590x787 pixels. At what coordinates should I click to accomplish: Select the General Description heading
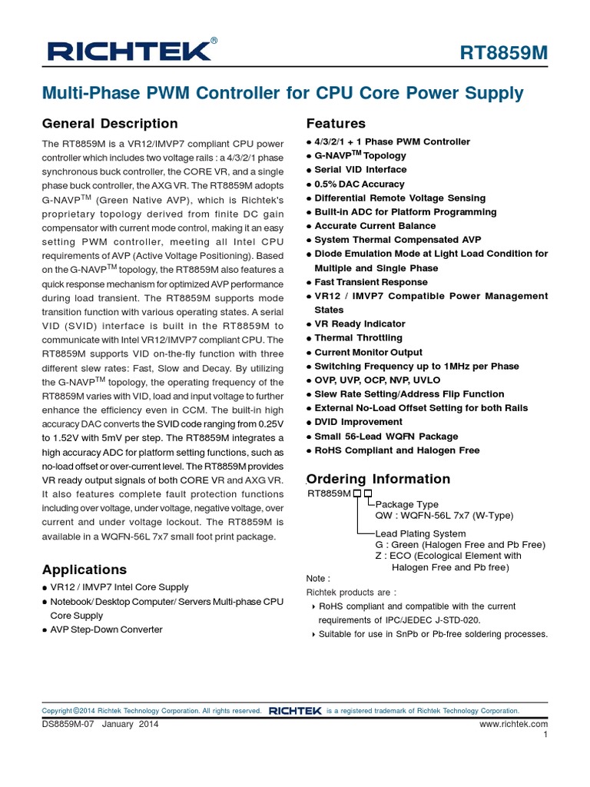(110, 124)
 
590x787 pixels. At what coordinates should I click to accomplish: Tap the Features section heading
(336, 124)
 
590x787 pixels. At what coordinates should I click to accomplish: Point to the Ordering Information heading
(378, 479)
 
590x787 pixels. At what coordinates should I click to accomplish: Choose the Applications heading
(85, 569)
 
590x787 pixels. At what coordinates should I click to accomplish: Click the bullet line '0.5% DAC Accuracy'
(359, 184)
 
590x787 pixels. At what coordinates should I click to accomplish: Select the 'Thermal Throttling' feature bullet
(358, 337)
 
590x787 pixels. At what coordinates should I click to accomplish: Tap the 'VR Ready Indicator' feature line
(360, 324)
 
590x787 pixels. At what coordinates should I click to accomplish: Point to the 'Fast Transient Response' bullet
(370, 282)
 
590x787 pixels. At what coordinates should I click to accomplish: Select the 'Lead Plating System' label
(420, 533)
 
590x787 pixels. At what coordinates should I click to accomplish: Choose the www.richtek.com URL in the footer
(513, 724)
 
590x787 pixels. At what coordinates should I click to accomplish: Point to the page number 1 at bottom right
(545, 735)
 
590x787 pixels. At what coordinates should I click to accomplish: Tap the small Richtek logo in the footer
(295, 711)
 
